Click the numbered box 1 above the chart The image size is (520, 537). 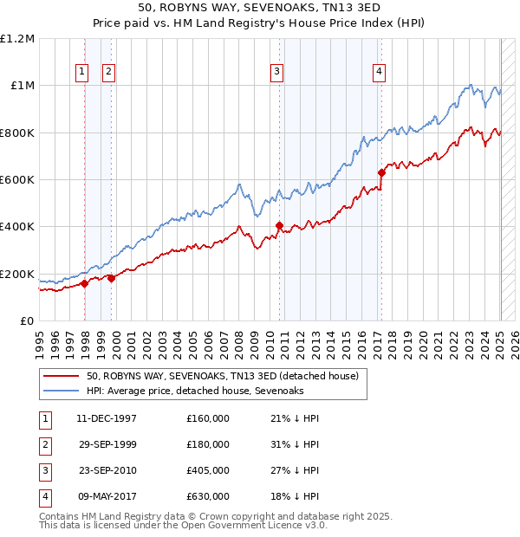pyautogui.click(x=81, y=73)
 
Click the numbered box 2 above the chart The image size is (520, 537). pyautogui.click(x=109, y=73)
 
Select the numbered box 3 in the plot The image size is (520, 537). pyautogui.click(x=276, y=73)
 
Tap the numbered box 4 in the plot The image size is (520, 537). pyautogui.click(x=380, y=73)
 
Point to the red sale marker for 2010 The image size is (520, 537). pyautogui.click(x=279, y=226)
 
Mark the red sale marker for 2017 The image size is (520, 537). pyautogui.click(x=380, y=172)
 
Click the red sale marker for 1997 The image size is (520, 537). pyautogui.click(x=84, y=283)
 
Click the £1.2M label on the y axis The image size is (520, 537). pyautogui.click(x=17, y=39)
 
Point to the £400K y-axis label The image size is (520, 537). pyautogui.click(x=17, y=227)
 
